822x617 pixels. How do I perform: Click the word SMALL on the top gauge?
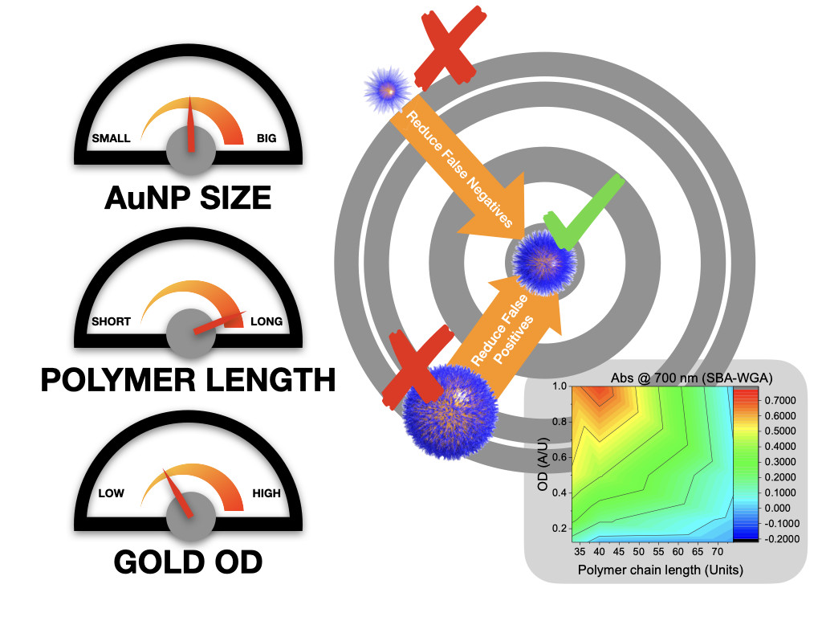[x=111, y=138]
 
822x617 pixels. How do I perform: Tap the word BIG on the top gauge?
[x=266, y=138]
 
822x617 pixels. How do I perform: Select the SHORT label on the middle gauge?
[x=111, y=321]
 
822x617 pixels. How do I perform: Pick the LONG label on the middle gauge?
[x=267, y=321]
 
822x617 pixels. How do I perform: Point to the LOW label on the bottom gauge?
[x=111, y=492]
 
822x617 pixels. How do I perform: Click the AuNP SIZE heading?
[x=188, y=196]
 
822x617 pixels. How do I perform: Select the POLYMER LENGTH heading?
[x=188, y=380]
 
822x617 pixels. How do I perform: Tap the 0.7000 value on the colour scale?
[x=762, y=399]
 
